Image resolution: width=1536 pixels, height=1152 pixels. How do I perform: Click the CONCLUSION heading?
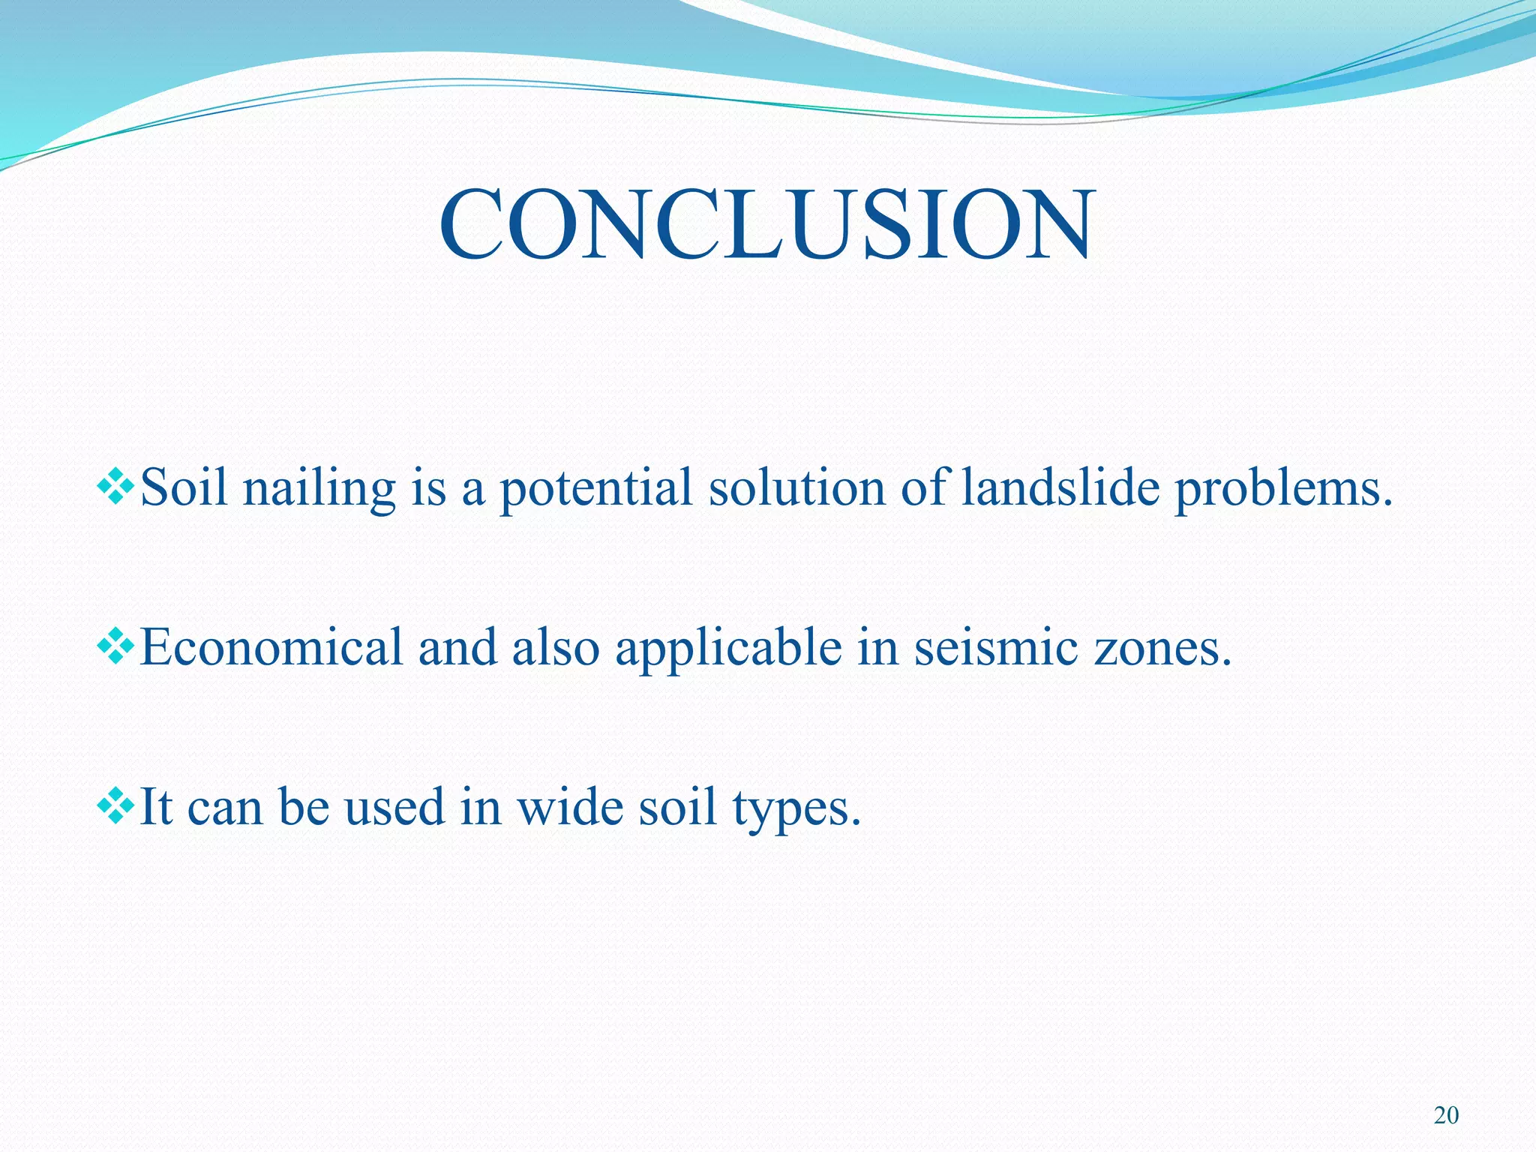[766, 225]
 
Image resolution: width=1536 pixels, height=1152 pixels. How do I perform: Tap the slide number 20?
[1446, 1115]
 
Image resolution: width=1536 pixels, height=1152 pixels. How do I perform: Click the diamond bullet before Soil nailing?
[115, 487]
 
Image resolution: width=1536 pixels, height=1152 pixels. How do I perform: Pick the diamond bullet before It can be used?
[115, 806]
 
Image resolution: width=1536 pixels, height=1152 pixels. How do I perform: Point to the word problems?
[1282, 489]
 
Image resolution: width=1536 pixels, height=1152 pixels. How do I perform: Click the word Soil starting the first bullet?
[184, 487]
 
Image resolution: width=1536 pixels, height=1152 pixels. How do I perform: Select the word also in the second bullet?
[556, 646]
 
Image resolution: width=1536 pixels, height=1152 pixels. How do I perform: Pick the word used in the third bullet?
[394, 806]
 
